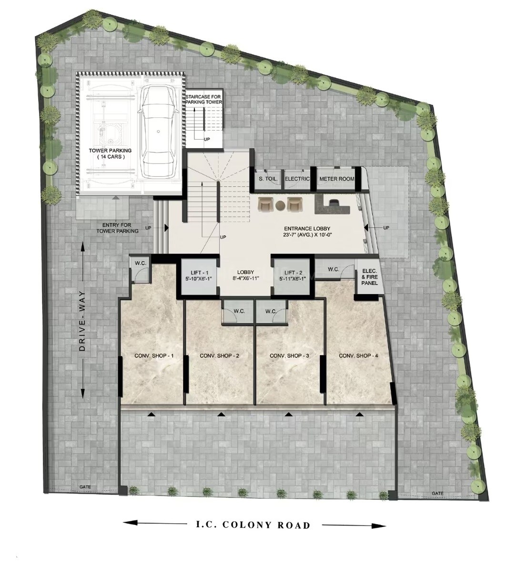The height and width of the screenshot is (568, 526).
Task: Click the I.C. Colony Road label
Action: pos(253,525)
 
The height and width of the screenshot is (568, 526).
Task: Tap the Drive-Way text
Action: pos(82,321)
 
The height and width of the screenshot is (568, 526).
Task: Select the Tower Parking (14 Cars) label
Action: pos(110,153)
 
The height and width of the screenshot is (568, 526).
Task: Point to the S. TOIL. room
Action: pos(268,179)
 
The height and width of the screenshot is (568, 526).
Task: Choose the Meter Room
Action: pos(336,179)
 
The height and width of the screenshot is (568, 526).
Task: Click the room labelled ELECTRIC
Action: pos(298,179)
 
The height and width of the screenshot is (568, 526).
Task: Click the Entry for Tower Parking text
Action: pos(117,228)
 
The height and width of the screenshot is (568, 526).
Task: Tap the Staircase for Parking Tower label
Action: pos(204,99)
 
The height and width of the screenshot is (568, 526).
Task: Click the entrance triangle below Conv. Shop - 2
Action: pos(220,415)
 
